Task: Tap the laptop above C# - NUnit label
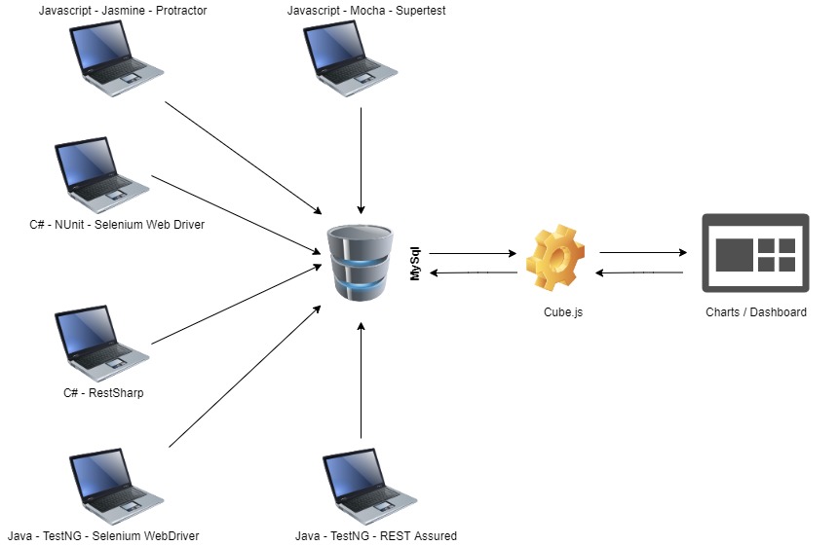click(100, 175)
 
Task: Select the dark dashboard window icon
click(756, 253)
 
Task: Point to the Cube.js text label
click(564, 312)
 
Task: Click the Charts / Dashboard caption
click(756, 312)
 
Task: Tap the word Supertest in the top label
click(416, 11)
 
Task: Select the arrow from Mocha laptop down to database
click(362, 160)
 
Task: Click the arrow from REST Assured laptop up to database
click(362, 380)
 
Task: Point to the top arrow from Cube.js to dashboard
click(642, 253)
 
